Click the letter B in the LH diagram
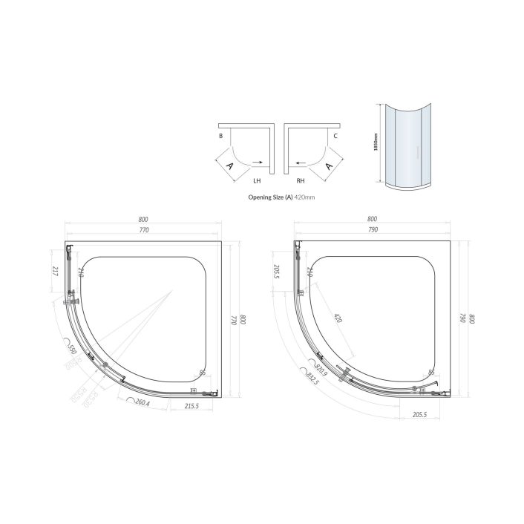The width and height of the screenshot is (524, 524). pyautogui.click(x=220, y=137)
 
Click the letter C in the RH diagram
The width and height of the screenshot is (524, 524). pyautogui.click(x=335, y=137)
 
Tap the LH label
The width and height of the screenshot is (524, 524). pyautogui.click(x=257, y=180)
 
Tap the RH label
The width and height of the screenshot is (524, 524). pyautogui.click(x=300, y=180)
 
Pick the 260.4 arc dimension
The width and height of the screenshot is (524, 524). pyautogui.click(x=140, y=403)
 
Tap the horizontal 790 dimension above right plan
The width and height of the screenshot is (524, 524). pyautogui.click(x=373, y=231)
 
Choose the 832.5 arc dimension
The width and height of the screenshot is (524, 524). pyautogui.click(x=311, y=378)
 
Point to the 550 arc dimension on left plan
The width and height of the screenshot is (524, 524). pyautogui.click(x=72, y=350)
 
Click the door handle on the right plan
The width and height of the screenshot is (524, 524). pyautogui.click(x=344, y=373)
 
